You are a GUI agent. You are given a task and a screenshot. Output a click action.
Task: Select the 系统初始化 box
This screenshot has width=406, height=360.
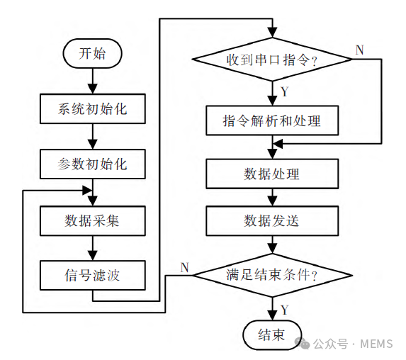click(x=92, y=110)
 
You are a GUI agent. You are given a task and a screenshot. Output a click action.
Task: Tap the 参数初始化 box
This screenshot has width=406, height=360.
click(x=92, y=164)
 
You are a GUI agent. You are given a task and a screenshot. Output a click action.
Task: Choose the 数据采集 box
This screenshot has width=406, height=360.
click(x=92, y=220)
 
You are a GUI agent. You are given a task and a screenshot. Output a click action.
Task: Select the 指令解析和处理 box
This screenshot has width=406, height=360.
click(x=272, y=120)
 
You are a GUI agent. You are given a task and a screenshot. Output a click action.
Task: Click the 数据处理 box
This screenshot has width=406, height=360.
click(x=272, y=174)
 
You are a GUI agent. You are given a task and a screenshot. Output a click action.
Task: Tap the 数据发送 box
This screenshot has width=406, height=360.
click(x=272, y=220)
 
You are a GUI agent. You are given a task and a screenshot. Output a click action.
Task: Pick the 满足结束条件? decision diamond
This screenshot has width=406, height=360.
click(x=272, y=274)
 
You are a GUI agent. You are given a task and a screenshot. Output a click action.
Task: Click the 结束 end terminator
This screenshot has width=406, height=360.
click(x=272, y=335)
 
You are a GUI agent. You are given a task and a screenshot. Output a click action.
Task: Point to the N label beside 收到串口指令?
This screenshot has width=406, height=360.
click(x=359, y=50)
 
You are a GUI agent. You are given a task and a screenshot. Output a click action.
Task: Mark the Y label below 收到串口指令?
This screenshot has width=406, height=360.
click(x=284, y=92)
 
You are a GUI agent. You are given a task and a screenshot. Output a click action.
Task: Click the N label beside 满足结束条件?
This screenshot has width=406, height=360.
click(x=184, y=266)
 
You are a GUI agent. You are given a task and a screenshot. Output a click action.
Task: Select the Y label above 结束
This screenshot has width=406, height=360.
click(x=284, y=310)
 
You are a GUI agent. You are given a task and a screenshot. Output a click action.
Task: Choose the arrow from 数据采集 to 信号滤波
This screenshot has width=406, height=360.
click(x=92, y=248)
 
